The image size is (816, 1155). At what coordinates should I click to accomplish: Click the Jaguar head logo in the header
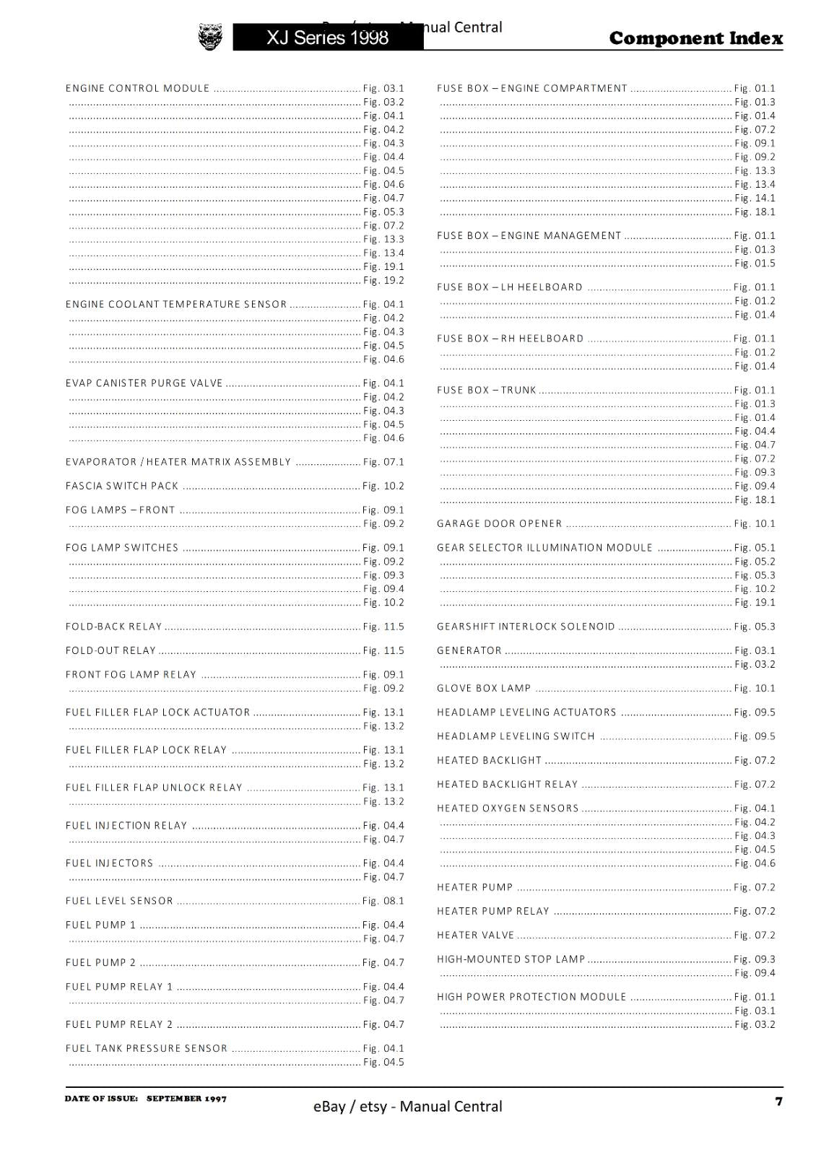(x=210, y=37)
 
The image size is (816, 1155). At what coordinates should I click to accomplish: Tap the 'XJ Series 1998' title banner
(x=327, y=38)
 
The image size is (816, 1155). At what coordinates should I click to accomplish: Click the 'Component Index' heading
(x=695, y=38)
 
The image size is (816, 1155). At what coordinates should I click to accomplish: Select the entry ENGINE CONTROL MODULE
(x=138, y=89)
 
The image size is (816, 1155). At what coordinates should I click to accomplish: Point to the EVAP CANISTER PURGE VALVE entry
(x=144, y=383)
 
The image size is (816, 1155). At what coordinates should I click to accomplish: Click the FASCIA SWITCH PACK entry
(x=122, y=486)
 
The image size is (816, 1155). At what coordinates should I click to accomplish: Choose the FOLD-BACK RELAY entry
(x=114, y=627)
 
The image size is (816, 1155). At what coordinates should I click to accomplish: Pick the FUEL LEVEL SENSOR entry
(x=120, y=901)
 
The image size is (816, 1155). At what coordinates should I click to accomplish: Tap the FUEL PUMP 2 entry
(x=101, y=962)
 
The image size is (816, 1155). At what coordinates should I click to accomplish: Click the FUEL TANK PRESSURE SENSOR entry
(x=147, y=1048)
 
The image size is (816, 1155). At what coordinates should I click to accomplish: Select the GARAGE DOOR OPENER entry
(x=500, y=523)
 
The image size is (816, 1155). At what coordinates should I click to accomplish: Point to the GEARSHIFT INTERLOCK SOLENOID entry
(x=526, y=627)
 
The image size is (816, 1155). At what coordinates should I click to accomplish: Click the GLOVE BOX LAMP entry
(x=484, y=688)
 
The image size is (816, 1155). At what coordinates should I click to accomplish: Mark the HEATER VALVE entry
(x=476, y=935)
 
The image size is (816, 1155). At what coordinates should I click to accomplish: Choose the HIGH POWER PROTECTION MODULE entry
(x=531, y=997)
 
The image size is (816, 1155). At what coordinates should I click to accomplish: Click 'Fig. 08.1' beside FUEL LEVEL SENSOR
(x=383, y=901)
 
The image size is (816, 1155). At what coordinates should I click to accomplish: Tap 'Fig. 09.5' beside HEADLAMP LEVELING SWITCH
(x=755, y=736)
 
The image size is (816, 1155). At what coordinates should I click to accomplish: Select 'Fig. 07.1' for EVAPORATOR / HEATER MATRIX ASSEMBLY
(x=383, y=462)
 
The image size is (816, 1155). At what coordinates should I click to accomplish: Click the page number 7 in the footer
(x=778, y=1101)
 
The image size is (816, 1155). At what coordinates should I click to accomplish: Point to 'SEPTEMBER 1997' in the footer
(x=186, y=1099)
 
